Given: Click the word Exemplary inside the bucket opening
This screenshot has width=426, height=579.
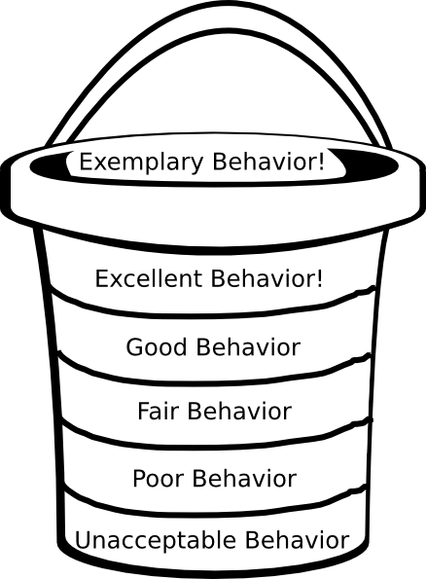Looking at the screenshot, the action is click(141, 163).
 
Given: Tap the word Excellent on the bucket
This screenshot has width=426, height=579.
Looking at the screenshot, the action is click(149, 278).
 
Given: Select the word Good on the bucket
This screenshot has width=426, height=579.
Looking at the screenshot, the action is click(157, 347).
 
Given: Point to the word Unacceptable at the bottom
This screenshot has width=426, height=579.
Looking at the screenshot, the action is click(156, 541).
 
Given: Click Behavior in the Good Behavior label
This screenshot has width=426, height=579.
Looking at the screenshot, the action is click(248, 347).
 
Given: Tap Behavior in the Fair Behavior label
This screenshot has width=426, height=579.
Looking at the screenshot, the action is click(239, 411).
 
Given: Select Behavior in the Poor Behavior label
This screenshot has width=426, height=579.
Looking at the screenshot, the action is click(244, 479).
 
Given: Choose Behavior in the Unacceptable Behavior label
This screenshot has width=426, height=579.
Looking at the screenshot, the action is click(298, 540).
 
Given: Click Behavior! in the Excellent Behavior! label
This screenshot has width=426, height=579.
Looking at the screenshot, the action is click(266, 278).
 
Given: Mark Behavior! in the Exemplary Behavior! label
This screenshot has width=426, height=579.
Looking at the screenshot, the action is click(268, 162).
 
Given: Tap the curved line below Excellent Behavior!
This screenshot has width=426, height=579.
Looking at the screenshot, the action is click(213, 314).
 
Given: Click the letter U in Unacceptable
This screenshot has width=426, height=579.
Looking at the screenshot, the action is click(83, 541).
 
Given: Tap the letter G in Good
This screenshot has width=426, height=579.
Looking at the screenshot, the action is click(135, 347).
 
